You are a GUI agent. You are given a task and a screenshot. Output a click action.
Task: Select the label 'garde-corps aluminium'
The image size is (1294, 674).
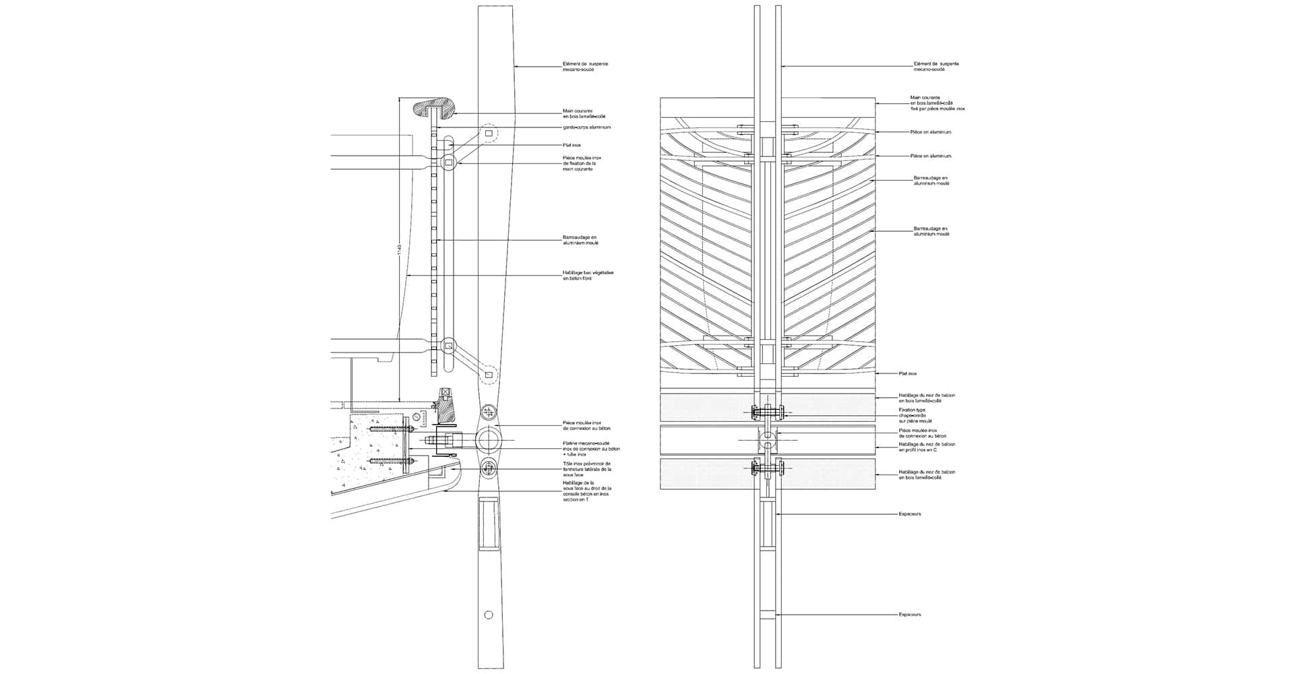tap(586, 127)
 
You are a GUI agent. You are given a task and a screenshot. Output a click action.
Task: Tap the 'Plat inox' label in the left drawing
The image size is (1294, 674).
tap(572, 145)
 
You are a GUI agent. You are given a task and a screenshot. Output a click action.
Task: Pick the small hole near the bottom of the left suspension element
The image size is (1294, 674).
tap(489, 614)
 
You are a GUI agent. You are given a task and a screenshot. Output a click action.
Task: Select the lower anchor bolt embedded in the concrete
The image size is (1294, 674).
tap(391, 461)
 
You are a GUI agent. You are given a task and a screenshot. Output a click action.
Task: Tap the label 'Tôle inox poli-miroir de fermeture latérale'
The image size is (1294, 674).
tap(586, 469)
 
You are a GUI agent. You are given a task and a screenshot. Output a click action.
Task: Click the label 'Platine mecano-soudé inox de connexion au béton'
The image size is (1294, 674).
tap(590, 448)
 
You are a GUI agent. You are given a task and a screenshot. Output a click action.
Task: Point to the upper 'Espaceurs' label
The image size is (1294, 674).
tap(909, 514)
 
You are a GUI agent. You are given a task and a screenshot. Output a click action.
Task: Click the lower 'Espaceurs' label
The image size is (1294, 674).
tap(909, 615)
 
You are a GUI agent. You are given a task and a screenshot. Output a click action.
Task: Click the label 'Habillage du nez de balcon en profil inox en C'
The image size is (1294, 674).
tap(927, 447)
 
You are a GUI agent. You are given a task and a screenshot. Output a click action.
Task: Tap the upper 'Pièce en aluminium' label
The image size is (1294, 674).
tap(930, 132)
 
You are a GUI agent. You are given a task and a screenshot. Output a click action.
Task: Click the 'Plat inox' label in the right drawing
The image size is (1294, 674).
tap(908, 373)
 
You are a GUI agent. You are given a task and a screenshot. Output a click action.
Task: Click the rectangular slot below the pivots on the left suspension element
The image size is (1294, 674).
tap(489, 522)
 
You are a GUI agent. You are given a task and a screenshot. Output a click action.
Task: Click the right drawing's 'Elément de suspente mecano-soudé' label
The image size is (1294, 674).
tap(935, 67)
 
